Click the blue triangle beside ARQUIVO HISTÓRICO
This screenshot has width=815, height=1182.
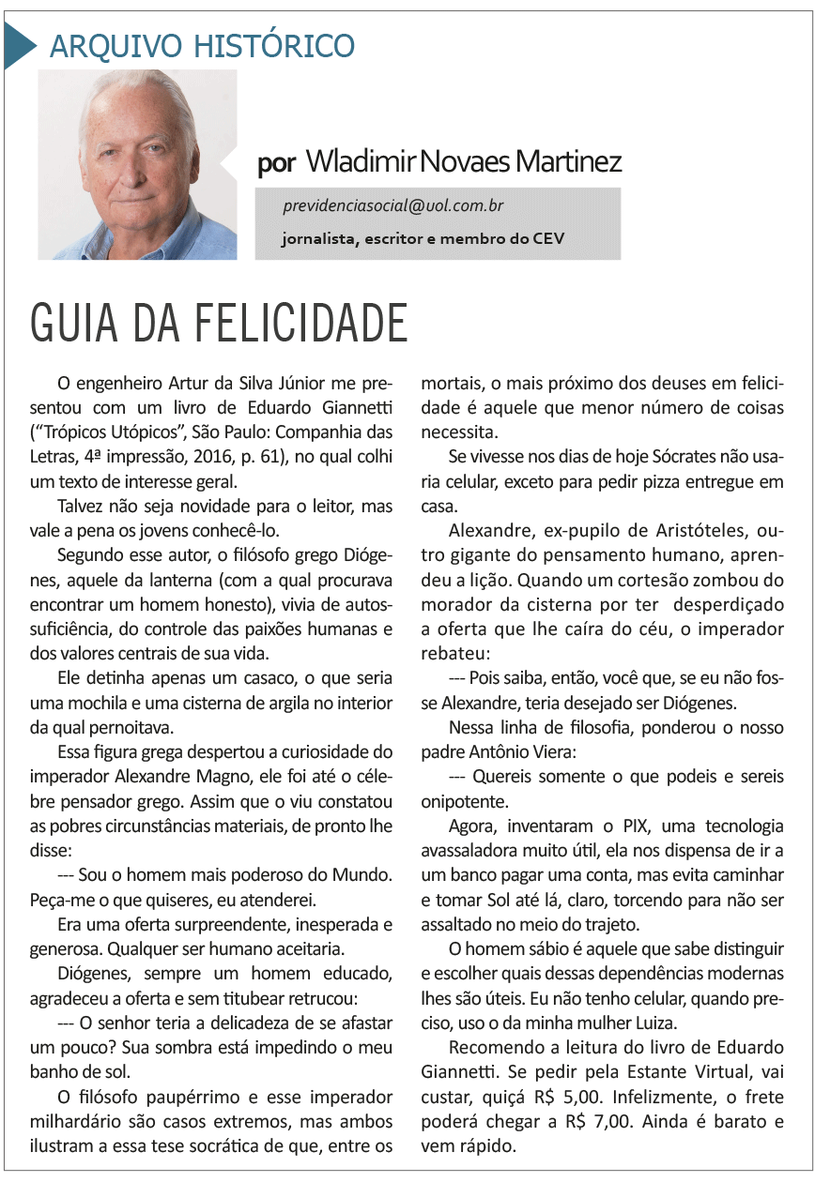[19, 44]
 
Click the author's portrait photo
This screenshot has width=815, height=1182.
[138, 164]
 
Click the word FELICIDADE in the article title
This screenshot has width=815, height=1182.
[301, 324]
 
